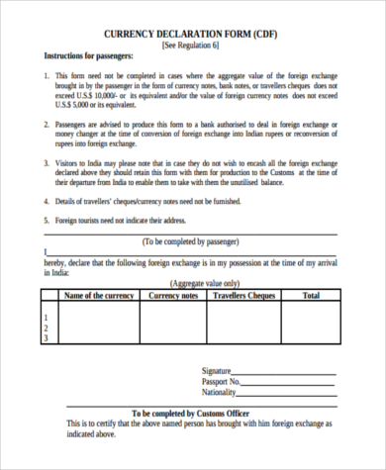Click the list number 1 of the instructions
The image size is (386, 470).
tap(46, 75)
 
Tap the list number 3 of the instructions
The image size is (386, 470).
tap(46, 162)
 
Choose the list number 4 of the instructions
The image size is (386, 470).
tap(46, 200)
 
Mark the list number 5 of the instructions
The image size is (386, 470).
tap(46, 219)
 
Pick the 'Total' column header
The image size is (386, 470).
tap(310, 295)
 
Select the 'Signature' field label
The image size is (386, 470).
tap(221, 370)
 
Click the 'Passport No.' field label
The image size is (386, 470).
tap(223, 381)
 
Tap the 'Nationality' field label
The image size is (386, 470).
tap(223, 392)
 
